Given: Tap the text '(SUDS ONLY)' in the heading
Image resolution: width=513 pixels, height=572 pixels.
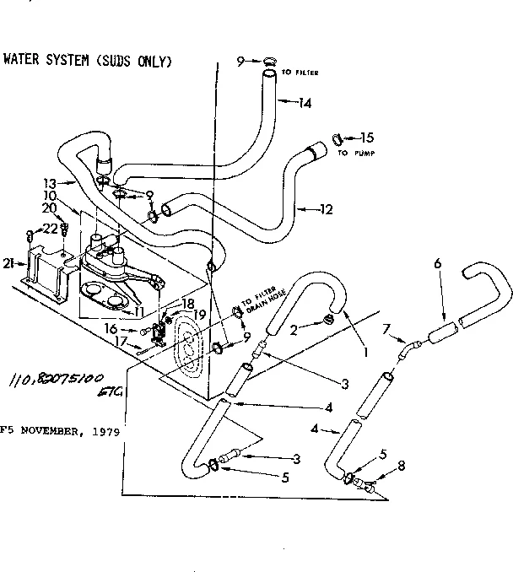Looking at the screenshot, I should [x=134, y=61].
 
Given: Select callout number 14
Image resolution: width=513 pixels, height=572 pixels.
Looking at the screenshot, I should [x=305, y=103].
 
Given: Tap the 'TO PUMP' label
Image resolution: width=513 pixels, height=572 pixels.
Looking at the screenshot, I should [x=354, y=154].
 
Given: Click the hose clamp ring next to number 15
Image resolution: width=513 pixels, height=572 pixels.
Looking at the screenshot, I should [x=337, y=138].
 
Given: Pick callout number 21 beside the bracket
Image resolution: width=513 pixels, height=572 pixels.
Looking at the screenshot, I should [x=8, y=264].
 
